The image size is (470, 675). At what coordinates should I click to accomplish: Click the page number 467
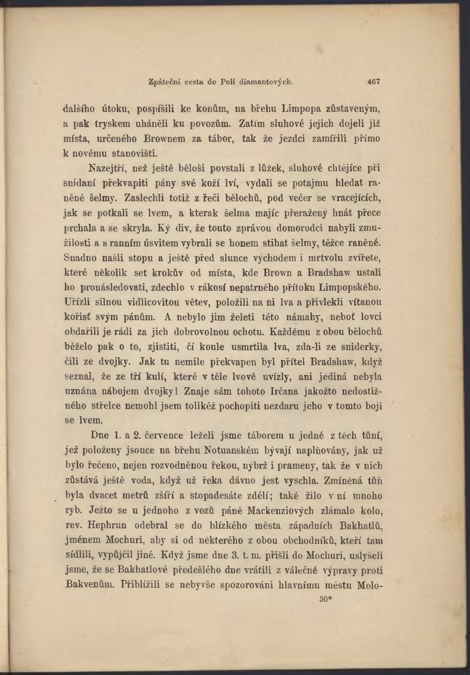tap(374, 81)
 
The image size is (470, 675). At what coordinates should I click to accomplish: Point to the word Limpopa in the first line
tap(301, 109)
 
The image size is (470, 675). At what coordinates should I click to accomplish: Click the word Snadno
tap(80, 258)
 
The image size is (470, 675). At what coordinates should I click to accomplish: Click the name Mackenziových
tap(280, 511)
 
